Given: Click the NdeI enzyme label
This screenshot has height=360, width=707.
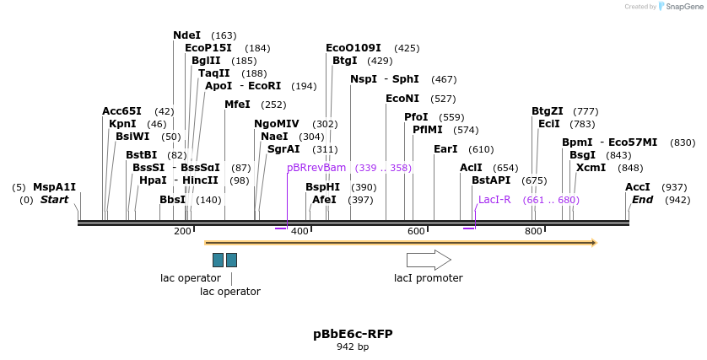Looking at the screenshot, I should [186, 35].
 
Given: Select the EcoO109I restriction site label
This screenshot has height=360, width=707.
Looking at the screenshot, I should [353, 48].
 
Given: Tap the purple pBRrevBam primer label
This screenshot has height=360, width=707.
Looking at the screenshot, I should [316, 168].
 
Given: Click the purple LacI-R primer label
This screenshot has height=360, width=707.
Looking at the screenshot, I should [494, 200].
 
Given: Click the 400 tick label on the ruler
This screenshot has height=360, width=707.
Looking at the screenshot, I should [300, 231].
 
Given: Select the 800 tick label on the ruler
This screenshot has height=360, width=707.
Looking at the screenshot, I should [533, 231].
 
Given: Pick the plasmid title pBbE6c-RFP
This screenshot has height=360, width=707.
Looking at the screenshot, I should [353, 333].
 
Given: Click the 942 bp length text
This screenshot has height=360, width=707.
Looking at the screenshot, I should [353, 347].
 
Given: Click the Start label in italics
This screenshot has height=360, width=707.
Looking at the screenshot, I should [54, 200].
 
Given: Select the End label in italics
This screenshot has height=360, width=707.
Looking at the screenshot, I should [642, 200].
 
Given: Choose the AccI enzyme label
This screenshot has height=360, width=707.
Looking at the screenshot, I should [638, 187].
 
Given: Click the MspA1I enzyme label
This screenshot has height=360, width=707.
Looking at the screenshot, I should [54, 187].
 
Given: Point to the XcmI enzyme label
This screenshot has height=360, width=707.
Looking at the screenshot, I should [591, 168].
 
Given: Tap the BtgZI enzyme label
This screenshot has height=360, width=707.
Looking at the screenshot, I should [547, 111].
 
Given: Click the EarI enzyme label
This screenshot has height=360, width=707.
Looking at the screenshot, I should [445, 149].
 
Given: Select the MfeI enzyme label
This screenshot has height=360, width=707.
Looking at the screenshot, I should [237, 105].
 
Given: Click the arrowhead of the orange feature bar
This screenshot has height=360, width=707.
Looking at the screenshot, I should [594, 243].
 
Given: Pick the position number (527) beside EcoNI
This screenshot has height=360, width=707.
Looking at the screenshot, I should [443, 99].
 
